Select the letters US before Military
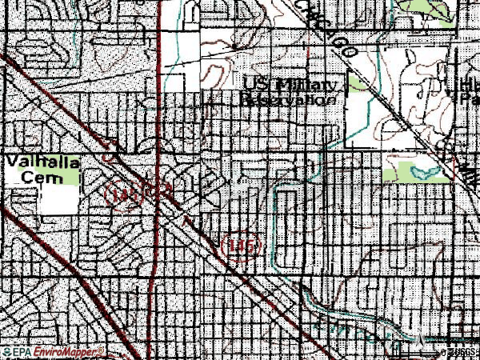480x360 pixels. [258, 86]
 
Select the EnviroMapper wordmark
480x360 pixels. [67, 353]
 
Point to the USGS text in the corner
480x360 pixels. [463, 353]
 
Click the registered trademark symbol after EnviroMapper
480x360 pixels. [102, 350]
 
